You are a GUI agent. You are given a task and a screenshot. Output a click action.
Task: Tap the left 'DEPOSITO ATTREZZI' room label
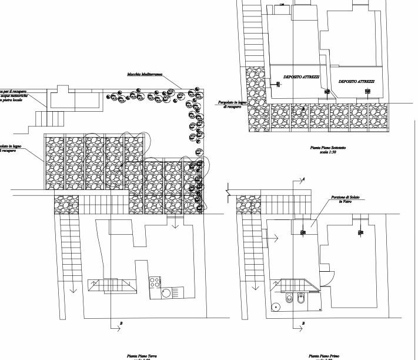coord(302,77)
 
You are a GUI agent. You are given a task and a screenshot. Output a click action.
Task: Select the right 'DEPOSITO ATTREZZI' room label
coord(357,81)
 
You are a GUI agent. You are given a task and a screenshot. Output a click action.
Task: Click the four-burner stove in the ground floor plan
coord(155,281)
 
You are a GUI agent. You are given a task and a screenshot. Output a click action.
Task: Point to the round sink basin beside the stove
coord(166,292)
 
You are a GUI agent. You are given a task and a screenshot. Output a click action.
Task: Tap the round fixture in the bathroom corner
coord(275,306)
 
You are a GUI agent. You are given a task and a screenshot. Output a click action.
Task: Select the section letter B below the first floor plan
coord(303,323)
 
